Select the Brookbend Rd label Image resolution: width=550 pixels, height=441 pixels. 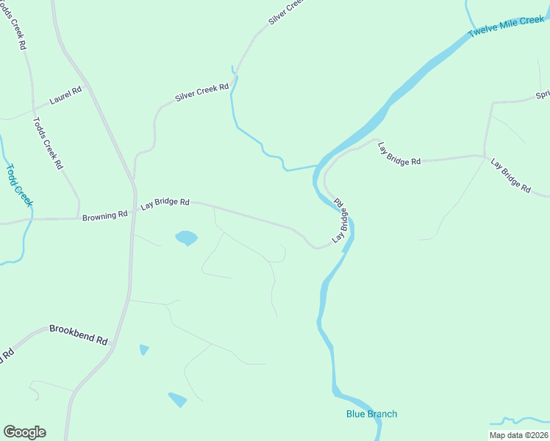tap(79, 335)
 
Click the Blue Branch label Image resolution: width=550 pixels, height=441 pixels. tap(371, 414)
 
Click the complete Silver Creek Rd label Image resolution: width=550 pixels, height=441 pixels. tap(202, 92)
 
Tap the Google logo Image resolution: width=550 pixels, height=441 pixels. tap(24, 432)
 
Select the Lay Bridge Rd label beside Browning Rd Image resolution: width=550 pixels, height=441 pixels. tap(165, 202)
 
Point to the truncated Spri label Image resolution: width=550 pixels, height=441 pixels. tap(543, 95)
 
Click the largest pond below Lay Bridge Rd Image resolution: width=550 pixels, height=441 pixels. tap(186, 237)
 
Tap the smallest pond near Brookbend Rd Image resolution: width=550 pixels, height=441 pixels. tap(144, 349)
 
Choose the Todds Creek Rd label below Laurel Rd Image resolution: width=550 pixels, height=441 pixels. tap(48, 143)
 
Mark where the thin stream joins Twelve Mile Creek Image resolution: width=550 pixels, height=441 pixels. tap(318, 165)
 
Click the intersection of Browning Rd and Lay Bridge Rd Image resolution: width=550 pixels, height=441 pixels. tap(132, 213)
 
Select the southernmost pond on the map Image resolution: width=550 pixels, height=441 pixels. tap(177, 399)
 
